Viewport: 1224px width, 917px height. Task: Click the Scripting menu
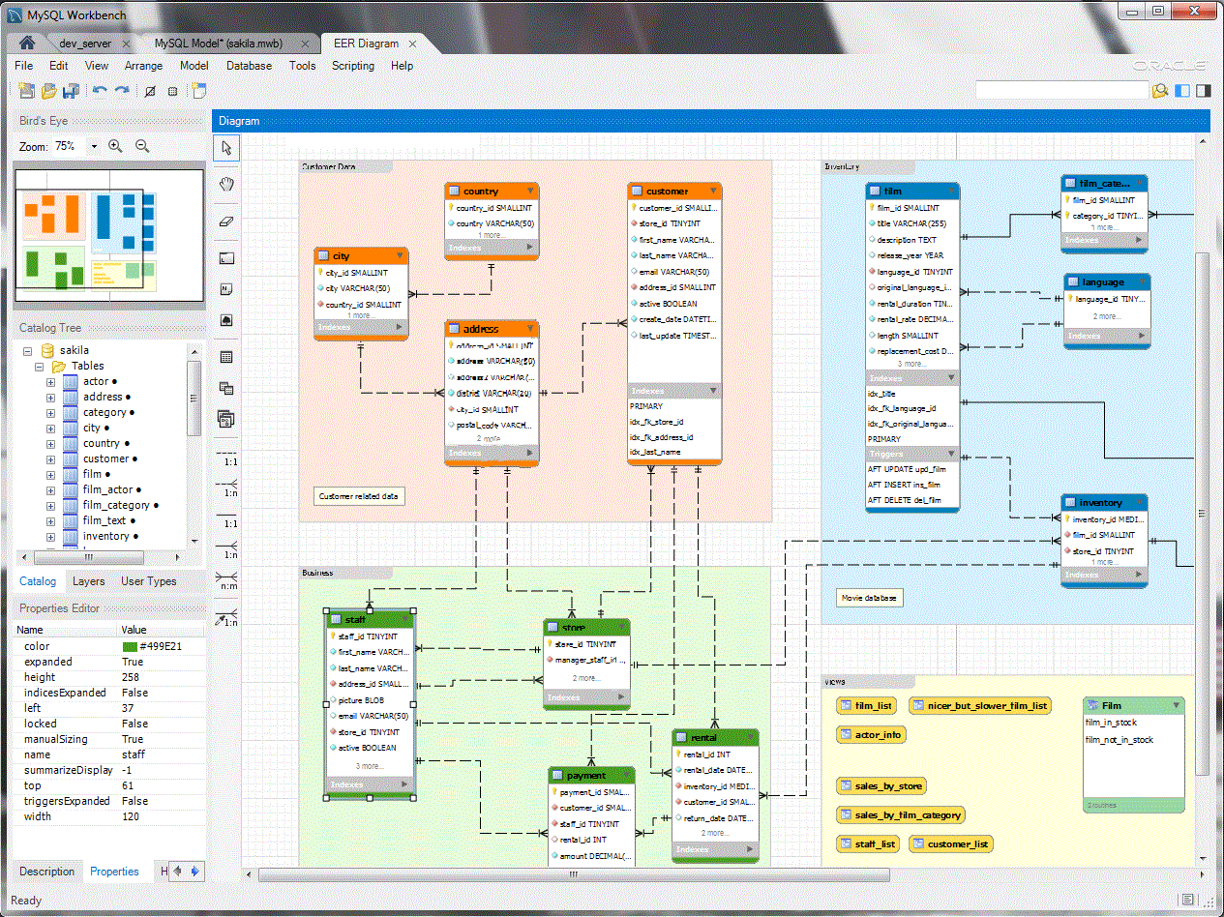(x=352, y=66)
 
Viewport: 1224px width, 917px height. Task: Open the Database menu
(x=249, y=66)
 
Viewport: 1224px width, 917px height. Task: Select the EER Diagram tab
(x=366, y=44)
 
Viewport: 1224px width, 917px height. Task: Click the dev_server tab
(x=85, y=44)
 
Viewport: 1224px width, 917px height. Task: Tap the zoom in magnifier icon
(x=115, y=146)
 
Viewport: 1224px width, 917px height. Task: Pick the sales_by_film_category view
(x=900, y=815)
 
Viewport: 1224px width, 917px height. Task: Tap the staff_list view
(x=867, y=844)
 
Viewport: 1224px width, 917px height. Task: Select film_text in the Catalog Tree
(x=104, y=520)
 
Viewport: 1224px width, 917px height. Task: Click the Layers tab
(x=89, y=581)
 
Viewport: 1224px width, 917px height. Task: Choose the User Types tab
(x=149, y=581)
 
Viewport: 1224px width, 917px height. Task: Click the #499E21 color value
(x=161, y=646)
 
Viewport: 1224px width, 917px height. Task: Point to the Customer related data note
(x=359, y=496)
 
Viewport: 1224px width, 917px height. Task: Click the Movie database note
(x=869, y=598)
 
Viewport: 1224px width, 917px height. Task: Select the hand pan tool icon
(x=226, y=184)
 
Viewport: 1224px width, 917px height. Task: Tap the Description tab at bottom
(x=46, y=872)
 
